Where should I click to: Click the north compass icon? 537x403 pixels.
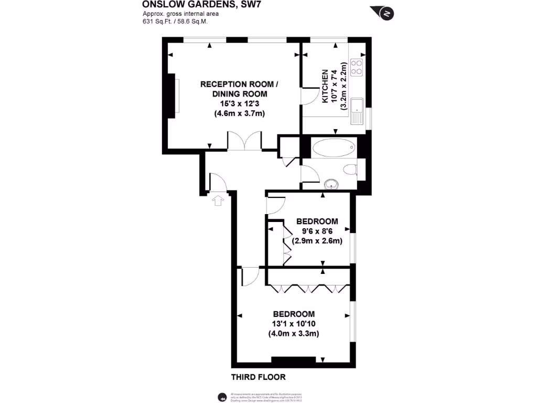click(x=386, y=13)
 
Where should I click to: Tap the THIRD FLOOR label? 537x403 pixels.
click(x=259, y=377)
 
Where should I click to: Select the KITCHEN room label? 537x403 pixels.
click(x=325, y=87)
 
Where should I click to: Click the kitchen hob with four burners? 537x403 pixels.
click(x=357, y=66)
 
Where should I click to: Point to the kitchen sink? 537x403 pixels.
click(x=357, y=111)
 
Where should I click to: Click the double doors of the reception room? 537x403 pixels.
click(x=244, y=141)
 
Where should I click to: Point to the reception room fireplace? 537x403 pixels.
click(x=173, y=96)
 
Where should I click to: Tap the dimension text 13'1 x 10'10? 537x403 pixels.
click(x=294, y=324)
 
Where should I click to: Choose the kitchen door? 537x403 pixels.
click(x=308, y=98)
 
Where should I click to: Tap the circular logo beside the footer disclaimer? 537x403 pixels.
click(x=222, y=396)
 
